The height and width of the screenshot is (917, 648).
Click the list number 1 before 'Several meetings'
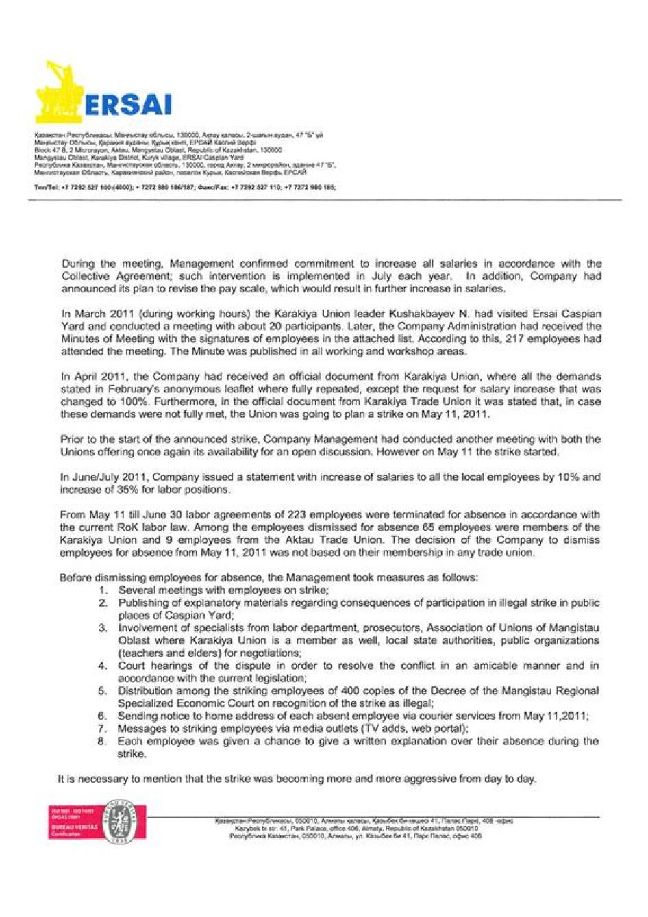103,590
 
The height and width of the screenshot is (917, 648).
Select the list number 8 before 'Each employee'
103,741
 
